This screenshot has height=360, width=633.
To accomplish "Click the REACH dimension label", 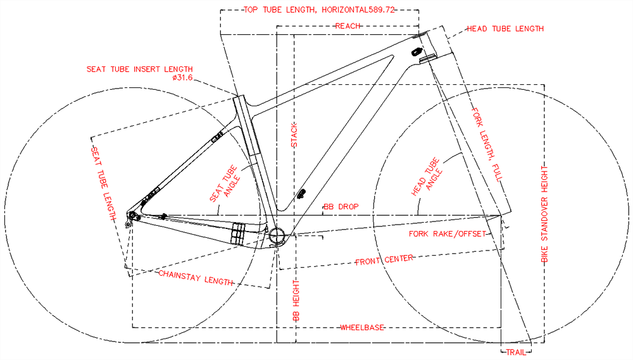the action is [x=348, y=26].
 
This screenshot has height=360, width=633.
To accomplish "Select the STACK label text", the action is [x=294, y=135].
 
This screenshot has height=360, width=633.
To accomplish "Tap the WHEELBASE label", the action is [x=362, y=327].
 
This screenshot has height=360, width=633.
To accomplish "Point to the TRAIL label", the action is [x=517, y=352].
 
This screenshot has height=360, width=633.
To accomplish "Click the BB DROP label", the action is [x=341, y=207].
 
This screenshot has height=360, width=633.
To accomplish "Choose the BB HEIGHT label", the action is [x=296, y=301].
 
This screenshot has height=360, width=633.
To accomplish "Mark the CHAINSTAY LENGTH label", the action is [x=196, y=278].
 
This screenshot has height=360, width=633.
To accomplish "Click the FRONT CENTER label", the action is [x=384, y=259].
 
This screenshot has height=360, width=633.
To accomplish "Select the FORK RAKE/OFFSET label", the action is [x=448, y=234].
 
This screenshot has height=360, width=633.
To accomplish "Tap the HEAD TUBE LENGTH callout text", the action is [x=505, y=28].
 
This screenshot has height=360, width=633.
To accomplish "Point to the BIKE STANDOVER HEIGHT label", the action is [x=544, y=214].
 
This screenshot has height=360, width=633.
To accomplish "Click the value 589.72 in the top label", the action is [x=382, y=9].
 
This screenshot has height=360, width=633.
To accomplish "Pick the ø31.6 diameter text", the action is [x=182, y=77].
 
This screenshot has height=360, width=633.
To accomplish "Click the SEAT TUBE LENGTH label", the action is [x=103, y=183].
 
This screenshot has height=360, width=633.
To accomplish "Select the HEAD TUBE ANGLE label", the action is [x=427, y=177].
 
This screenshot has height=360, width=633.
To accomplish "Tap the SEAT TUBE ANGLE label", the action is [x=225, y=183].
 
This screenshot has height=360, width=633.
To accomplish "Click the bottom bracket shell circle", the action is [x=277, y=235].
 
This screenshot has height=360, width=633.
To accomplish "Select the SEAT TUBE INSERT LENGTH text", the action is [x=140, y=70].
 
